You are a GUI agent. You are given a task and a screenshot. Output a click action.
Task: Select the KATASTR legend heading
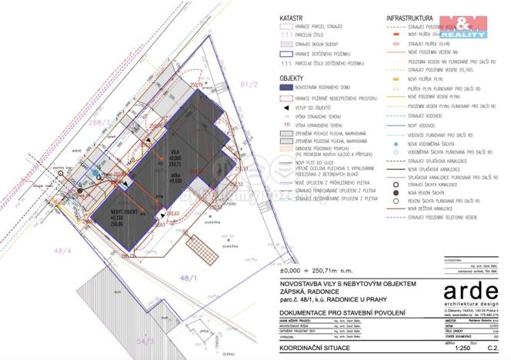point(289,16)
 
